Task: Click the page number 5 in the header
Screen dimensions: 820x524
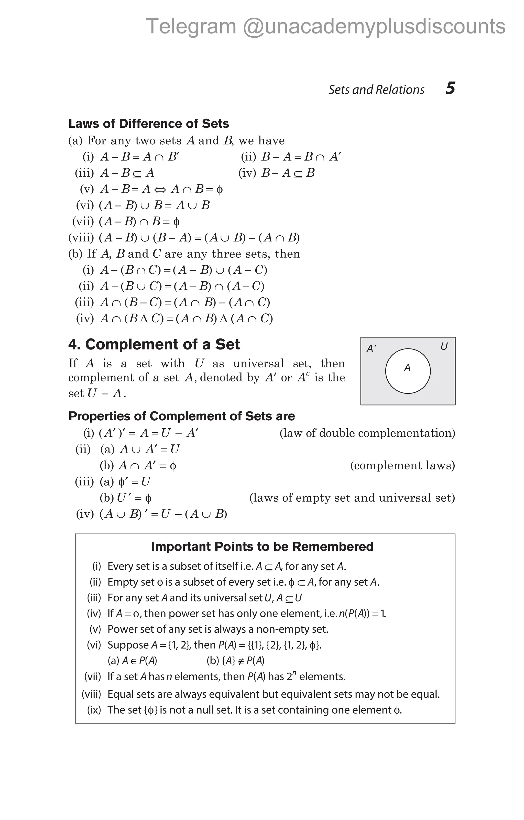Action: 450,88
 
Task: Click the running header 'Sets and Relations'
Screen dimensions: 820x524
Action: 376,90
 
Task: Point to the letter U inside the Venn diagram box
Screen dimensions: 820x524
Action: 444,347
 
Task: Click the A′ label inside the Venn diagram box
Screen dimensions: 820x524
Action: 371,349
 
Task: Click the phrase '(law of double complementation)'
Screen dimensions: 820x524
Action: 367,433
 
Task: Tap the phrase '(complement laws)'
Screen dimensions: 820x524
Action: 402,465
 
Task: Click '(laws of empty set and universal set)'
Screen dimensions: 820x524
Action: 352,498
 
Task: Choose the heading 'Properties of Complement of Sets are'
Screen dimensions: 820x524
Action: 181,416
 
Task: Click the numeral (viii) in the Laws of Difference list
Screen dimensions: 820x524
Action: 81,238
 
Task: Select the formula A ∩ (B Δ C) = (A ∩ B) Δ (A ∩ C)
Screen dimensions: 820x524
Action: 187,319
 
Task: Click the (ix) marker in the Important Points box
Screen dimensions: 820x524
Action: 94,710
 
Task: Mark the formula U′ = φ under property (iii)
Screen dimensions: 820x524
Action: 134,498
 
